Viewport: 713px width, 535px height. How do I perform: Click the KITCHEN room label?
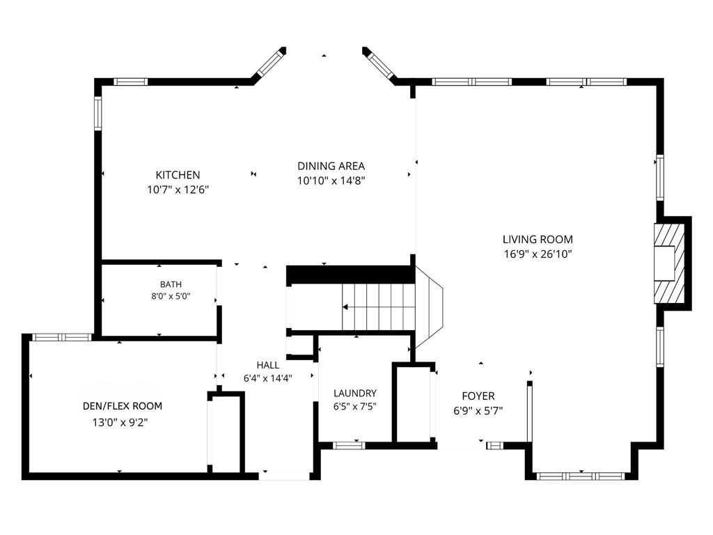tap(178, 175)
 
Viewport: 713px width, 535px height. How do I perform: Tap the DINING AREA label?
tap(331, 166)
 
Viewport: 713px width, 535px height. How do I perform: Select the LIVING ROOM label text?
tap(538, 240)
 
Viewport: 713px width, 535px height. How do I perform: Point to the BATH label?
tap(171, 284)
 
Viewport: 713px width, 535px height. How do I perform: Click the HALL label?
tap(268, 365)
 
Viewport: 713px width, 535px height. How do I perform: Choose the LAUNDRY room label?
tap(354, 393)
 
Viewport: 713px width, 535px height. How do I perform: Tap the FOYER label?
tap(478, 396)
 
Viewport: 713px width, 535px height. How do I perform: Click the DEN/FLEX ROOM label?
tap(123, 406)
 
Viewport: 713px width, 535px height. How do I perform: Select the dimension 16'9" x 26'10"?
tap(538, 254)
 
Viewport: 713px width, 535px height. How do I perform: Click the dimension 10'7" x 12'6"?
tap(178, 189)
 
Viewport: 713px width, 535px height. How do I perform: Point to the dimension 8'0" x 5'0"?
tap(171, 297)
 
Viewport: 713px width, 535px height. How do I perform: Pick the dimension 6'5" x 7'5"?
tap(354, 406)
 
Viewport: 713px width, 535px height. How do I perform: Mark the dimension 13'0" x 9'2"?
tap(120, 423)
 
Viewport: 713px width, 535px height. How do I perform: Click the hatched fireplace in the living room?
tap(669, 263)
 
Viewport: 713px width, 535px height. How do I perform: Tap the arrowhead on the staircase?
tap(345, 307)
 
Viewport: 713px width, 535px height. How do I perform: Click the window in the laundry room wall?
tap(349, 445)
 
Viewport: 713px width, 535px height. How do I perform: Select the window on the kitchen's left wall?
tap(97, 113)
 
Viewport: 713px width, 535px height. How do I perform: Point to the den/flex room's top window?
tap(62, 337)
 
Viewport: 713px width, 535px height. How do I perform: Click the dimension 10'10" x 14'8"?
tap(331, 180)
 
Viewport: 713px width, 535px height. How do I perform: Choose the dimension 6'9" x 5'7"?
tap(478, 411)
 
